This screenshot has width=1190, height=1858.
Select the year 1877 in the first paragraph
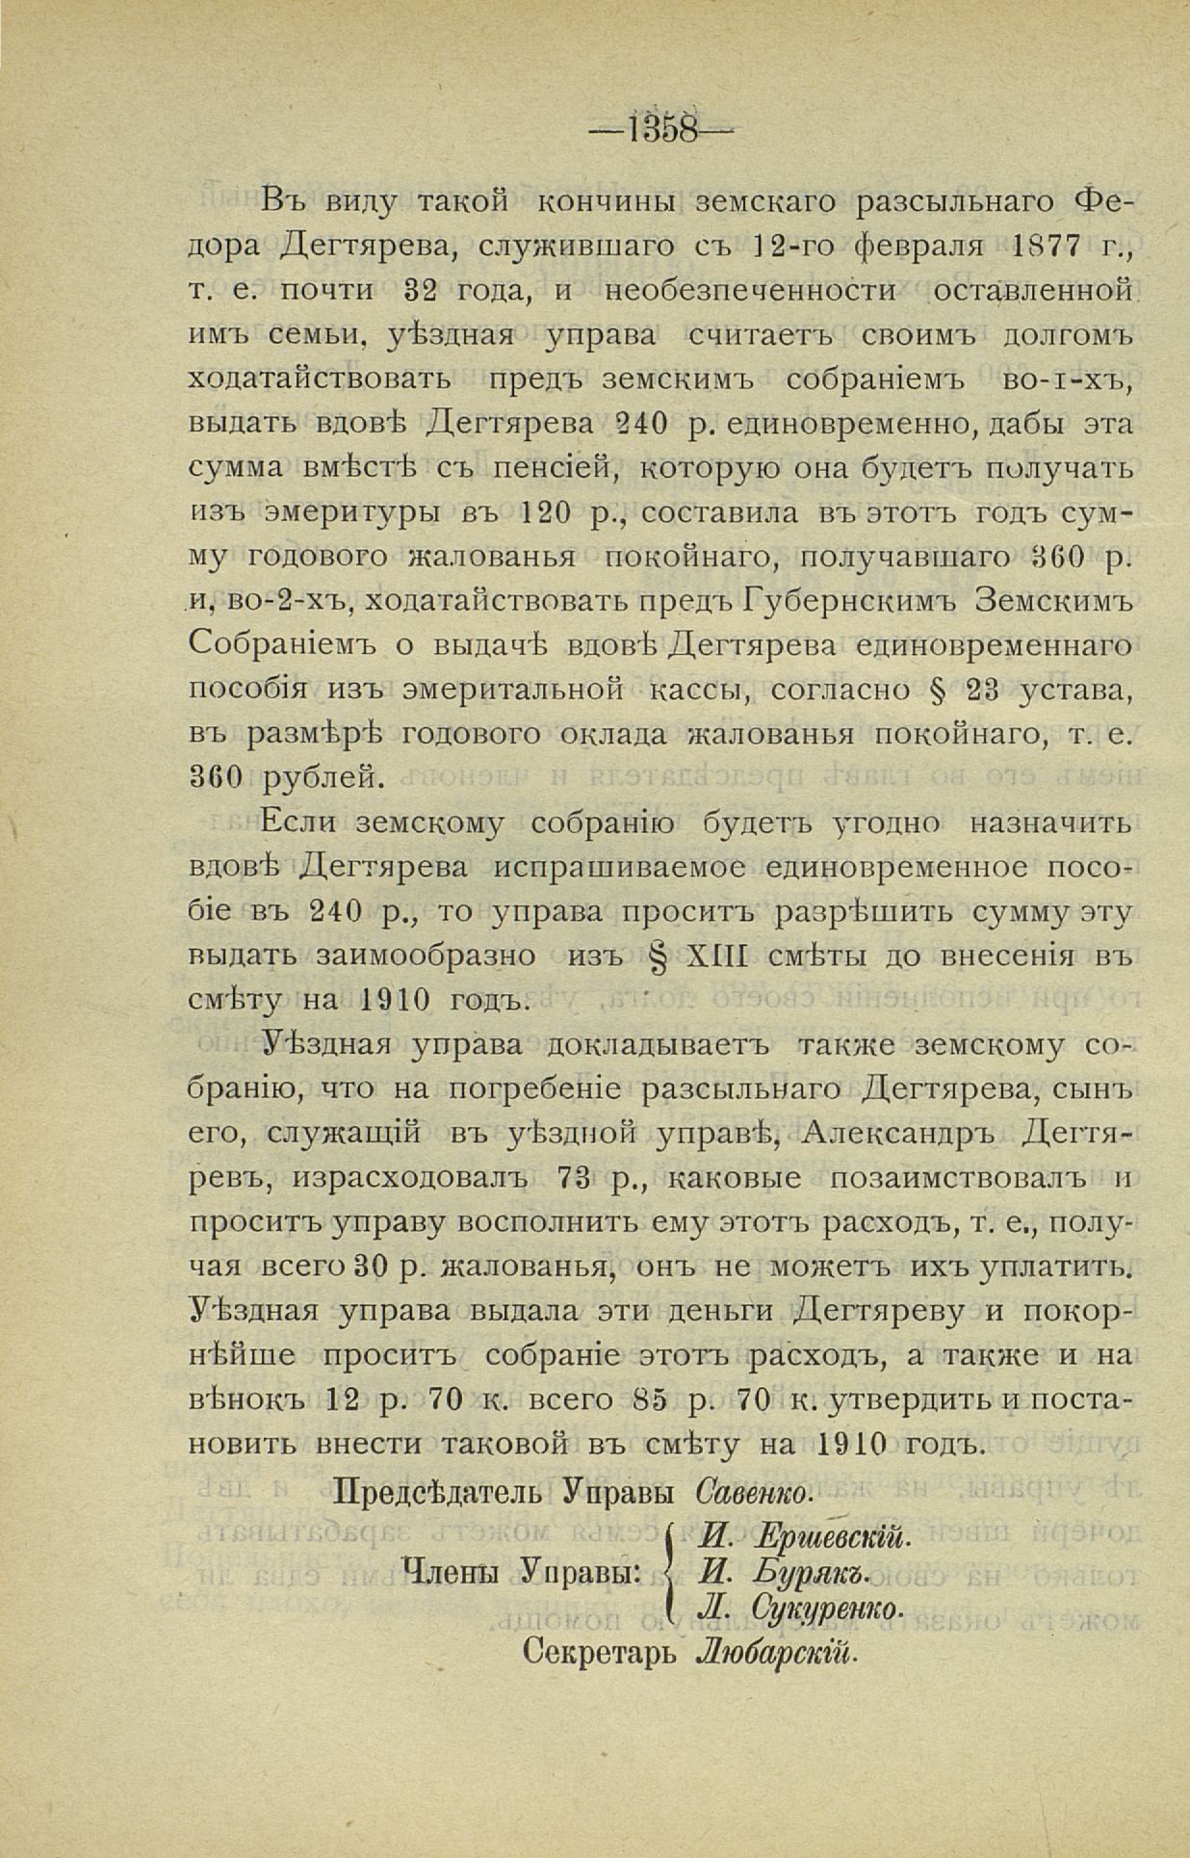[x=1038, y=246]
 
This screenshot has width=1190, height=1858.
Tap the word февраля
[x=919, y=246]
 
